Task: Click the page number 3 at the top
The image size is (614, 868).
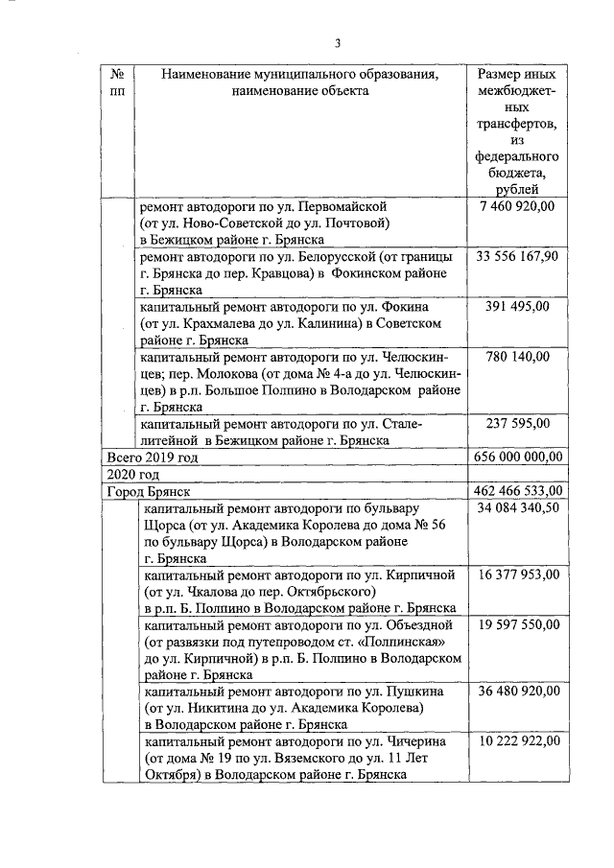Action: coord(338,41)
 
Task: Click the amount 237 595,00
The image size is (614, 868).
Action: coord(518,423)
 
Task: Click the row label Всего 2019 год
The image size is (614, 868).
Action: coord(153,457)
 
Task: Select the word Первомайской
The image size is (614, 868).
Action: coord(342,206)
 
